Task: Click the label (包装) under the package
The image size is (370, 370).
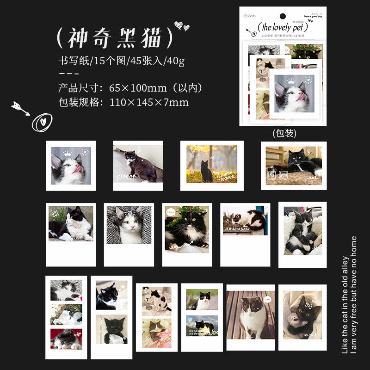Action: (x=284, y=133)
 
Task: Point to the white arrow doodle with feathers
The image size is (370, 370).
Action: (x=20, y=108)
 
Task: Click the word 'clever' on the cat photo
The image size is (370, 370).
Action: (x=126, y=176)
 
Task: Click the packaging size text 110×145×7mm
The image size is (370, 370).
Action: (x=149, y=103)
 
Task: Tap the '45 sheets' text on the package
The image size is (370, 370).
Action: (x=250, y=16)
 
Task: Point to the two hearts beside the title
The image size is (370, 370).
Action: (x=181, y=26)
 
